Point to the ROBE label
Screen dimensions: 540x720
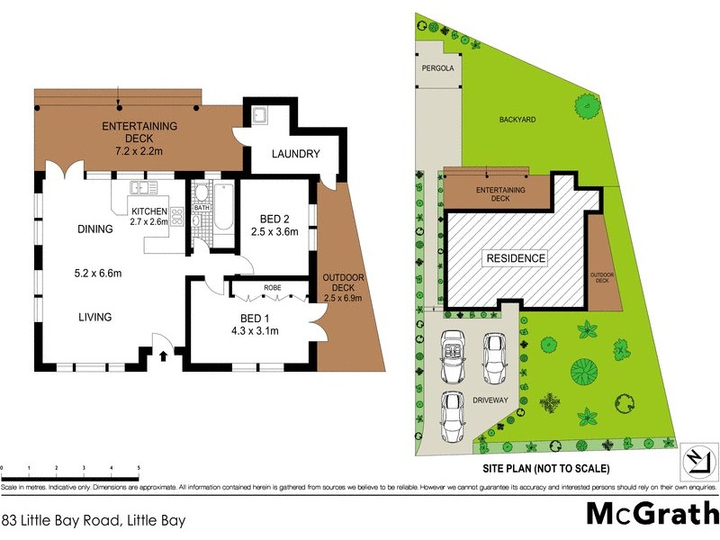click(x=271, y=289)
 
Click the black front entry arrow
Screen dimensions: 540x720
click(x=163, y=355)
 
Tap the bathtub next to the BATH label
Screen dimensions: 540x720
click(x=222, y=206)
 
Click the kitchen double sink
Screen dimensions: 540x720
click(x=142, y=188)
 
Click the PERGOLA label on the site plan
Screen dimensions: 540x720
click(x=437, y=67)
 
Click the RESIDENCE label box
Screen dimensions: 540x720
click(x=516, y=258)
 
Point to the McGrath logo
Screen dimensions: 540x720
click(x=651, y=513)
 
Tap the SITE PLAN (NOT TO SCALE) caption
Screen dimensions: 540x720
click(x=546, y=468)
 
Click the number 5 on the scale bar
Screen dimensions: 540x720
click(x=139, y=469)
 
